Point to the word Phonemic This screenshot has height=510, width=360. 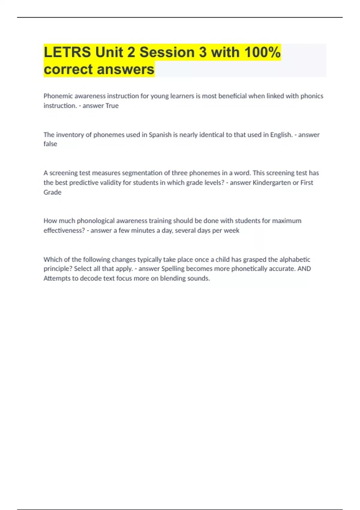58,96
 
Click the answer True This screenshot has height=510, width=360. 112,106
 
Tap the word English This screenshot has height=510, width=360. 281,135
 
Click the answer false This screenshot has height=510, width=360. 50,144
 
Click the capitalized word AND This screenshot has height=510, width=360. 304,268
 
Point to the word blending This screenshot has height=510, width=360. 172,278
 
